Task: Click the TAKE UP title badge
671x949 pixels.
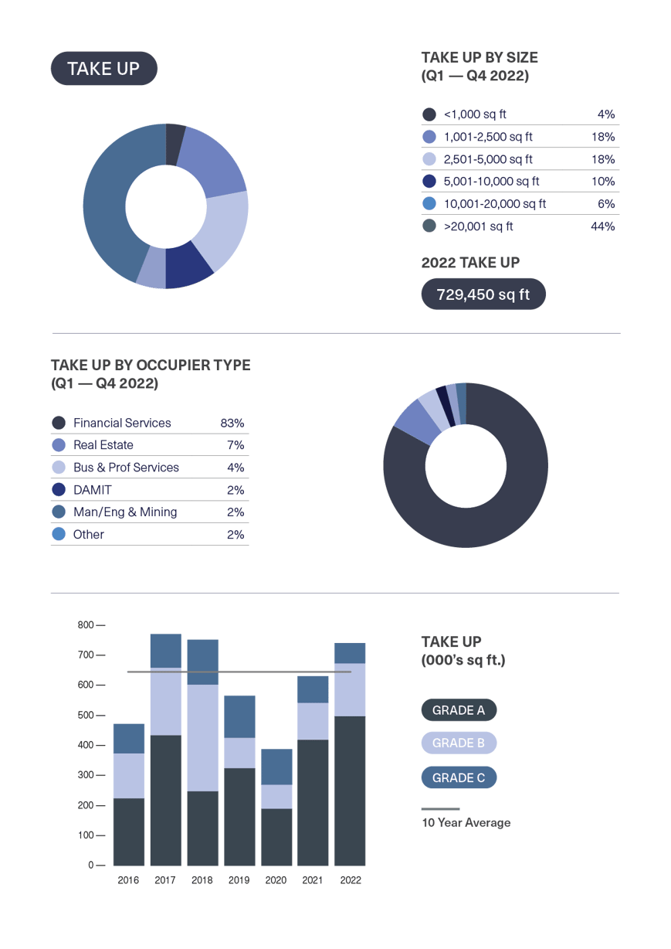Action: point(103,69)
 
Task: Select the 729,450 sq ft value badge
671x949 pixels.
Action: point(483,294)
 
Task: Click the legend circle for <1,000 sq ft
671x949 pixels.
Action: point(429,114)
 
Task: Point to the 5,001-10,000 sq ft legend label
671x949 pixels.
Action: point(491,182)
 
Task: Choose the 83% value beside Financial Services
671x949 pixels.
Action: point(232,423)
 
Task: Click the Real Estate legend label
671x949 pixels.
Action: point(103,445)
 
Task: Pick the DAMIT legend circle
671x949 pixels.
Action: point(59,490)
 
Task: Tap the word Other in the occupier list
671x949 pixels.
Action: point(89,535)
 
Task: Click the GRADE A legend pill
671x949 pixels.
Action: point(459,710)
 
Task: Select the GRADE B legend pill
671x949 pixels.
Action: point(459,743)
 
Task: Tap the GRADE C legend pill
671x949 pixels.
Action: point(459,777)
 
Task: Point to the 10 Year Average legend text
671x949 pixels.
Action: point(466,822)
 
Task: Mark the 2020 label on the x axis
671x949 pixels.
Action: point(276,879)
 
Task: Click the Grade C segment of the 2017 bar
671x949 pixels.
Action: point(165,650)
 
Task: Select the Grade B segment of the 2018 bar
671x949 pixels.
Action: point(202,737)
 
